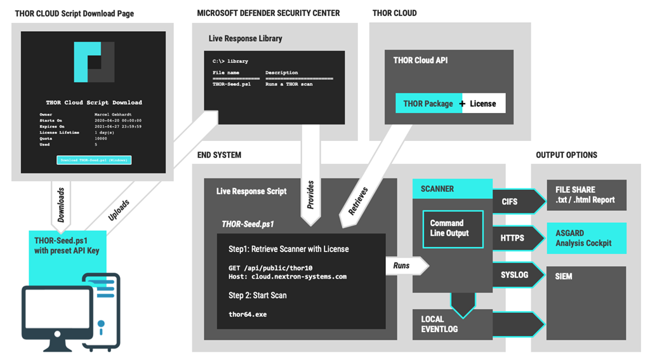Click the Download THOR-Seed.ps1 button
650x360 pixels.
coord(93,160)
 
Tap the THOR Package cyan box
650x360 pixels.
coord(428,103)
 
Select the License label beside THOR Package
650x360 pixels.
coord(483,103)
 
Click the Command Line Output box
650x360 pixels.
coord(453,229)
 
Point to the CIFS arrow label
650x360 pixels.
coord(510,202)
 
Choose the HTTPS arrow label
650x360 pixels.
coord(512,238)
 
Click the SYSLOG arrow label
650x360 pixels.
coord(514,274)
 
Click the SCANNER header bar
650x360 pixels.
coord(452,189)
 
